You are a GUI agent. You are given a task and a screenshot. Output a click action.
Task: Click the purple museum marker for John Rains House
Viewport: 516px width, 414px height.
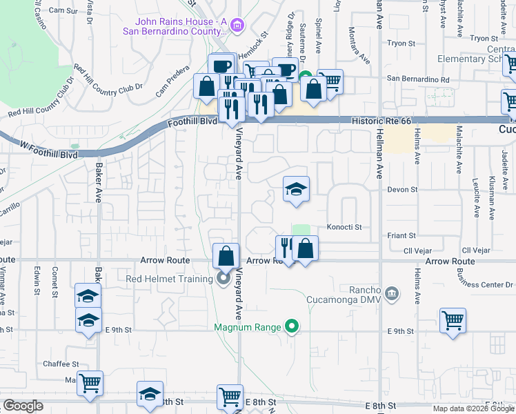click(x=237, y=26)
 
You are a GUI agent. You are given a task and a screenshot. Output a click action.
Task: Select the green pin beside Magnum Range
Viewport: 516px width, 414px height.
click(x=292, y=327)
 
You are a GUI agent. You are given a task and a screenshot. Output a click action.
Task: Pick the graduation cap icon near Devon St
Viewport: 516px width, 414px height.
click(x=296, y=189)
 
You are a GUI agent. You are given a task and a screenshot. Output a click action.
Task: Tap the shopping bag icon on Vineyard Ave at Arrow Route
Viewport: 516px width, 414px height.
click(x=226, y=256)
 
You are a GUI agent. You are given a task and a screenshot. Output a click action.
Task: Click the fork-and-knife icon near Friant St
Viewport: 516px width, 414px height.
click(x=286, y=246)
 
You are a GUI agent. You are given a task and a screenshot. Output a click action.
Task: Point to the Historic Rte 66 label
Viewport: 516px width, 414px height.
click(x=381, y=121)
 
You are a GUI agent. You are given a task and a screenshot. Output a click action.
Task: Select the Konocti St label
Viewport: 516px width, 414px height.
click(x=344, y=226)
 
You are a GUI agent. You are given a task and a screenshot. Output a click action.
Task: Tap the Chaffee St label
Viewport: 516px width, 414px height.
click(x=61, y=364)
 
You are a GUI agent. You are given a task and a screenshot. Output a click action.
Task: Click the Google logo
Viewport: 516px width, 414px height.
click(x=23, y=406)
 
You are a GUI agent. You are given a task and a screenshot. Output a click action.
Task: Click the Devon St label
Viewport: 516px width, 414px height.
click(x=402, y=189)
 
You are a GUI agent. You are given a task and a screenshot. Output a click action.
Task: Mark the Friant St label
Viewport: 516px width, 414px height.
click(x=401, y=235)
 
